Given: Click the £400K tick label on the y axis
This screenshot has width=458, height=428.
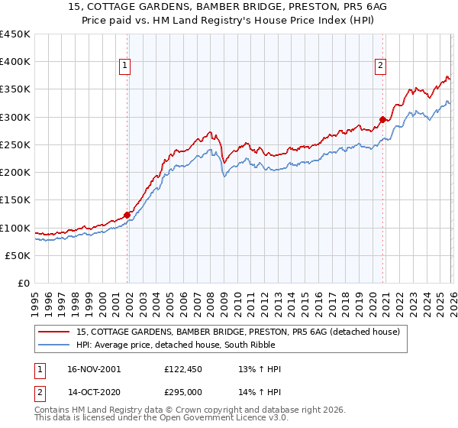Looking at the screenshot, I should click(x=15, y=62).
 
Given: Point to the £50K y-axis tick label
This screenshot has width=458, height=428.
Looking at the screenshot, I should click(x=18, y=255).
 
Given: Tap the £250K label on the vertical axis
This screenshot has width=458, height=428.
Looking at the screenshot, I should click(x=15, y=144).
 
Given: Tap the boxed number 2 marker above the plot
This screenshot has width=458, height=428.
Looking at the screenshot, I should click(x=380, y=66).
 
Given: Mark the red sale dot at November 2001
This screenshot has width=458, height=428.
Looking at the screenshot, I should click(x=127, y=215).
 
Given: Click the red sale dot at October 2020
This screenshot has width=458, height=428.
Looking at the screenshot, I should click(x=382, y=119).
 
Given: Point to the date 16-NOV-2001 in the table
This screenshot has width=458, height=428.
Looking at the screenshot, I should click(x=93, y=369).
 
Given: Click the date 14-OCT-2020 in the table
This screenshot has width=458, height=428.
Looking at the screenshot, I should click(x=93, y=391).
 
